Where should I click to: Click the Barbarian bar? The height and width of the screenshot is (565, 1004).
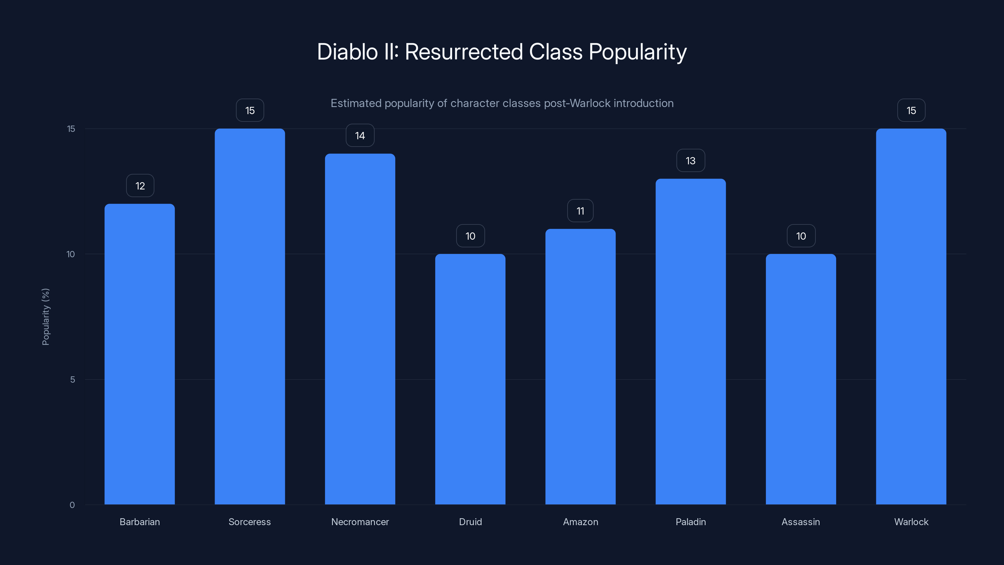140,354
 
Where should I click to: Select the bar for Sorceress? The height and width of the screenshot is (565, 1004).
250,316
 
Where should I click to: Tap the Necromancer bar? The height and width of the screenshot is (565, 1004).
360,329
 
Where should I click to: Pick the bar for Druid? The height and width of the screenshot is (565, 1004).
470,379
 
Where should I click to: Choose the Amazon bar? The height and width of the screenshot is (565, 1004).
580,367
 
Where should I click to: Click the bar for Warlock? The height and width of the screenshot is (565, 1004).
911,316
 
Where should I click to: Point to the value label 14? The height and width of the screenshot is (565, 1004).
360,136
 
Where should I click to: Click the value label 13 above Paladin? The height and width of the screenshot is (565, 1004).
690,161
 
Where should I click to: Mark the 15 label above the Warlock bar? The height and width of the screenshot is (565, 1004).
911,111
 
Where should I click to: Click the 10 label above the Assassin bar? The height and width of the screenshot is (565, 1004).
801,236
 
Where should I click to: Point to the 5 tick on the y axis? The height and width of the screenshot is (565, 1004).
72,379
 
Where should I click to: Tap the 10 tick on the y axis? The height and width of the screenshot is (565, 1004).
71,254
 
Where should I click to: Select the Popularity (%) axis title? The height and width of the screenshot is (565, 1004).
45,317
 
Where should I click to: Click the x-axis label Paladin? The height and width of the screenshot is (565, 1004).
690,522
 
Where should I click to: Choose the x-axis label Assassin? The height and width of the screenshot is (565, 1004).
801,522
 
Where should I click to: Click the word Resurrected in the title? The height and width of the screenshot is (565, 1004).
463,52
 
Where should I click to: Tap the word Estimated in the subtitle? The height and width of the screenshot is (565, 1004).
355,103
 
